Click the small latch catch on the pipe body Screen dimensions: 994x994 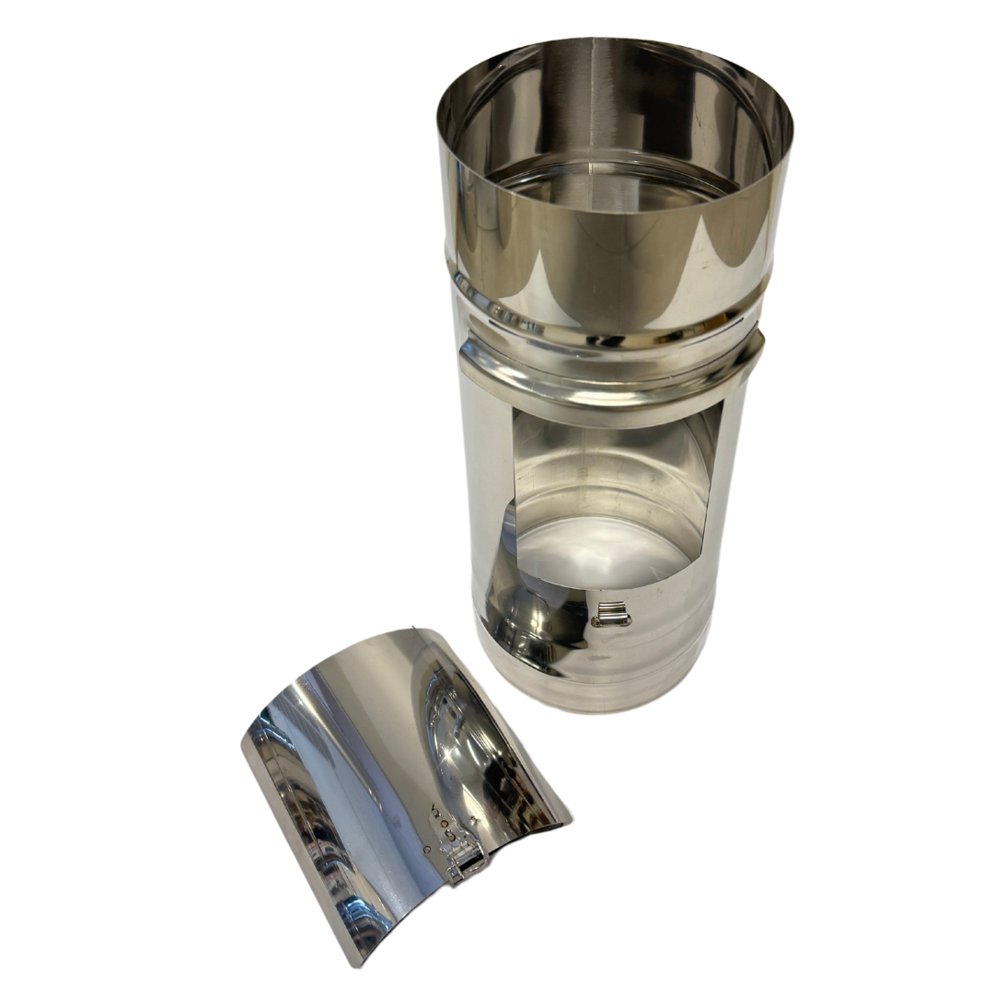(x=609, y=613)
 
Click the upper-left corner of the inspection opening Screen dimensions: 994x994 (x=513, y=414)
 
